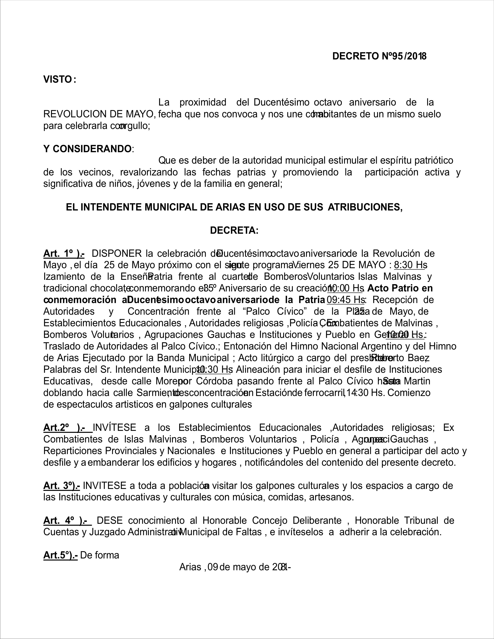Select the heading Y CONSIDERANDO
pos(87,149)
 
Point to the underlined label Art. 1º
pos(64,253)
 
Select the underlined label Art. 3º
pos(61,485)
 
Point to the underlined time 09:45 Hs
pos(346,300)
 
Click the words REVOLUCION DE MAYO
pos(99,114)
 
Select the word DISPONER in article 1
pos(116,253)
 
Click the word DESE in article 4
pos(109,520)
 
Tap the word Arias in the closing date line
pos(190,567)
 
